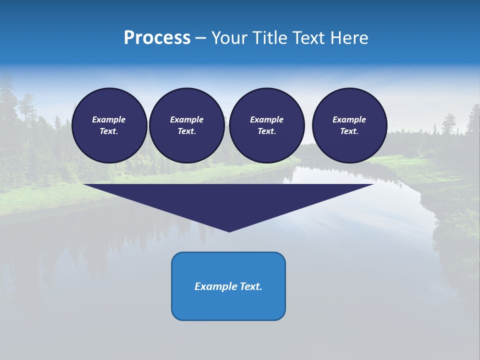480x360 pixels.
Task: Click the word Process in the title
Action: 157,38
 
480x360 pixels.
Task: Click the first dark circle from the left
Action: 109,125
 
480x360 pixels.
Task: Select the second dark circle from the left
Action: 186,125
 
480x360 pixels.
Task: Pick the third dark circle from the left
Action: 266,125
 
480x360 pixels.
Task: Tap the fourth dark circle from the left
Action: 349,125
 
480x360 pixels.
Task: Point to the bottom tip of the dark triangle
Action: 229,231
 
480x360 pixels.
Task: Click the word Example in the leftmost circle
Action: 109,119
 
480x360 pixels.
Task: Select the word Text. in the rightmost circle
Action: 349,131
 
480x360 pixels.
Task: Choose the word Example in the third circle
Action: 266,119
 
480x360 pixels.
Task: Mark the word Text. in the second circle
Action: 186,131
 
